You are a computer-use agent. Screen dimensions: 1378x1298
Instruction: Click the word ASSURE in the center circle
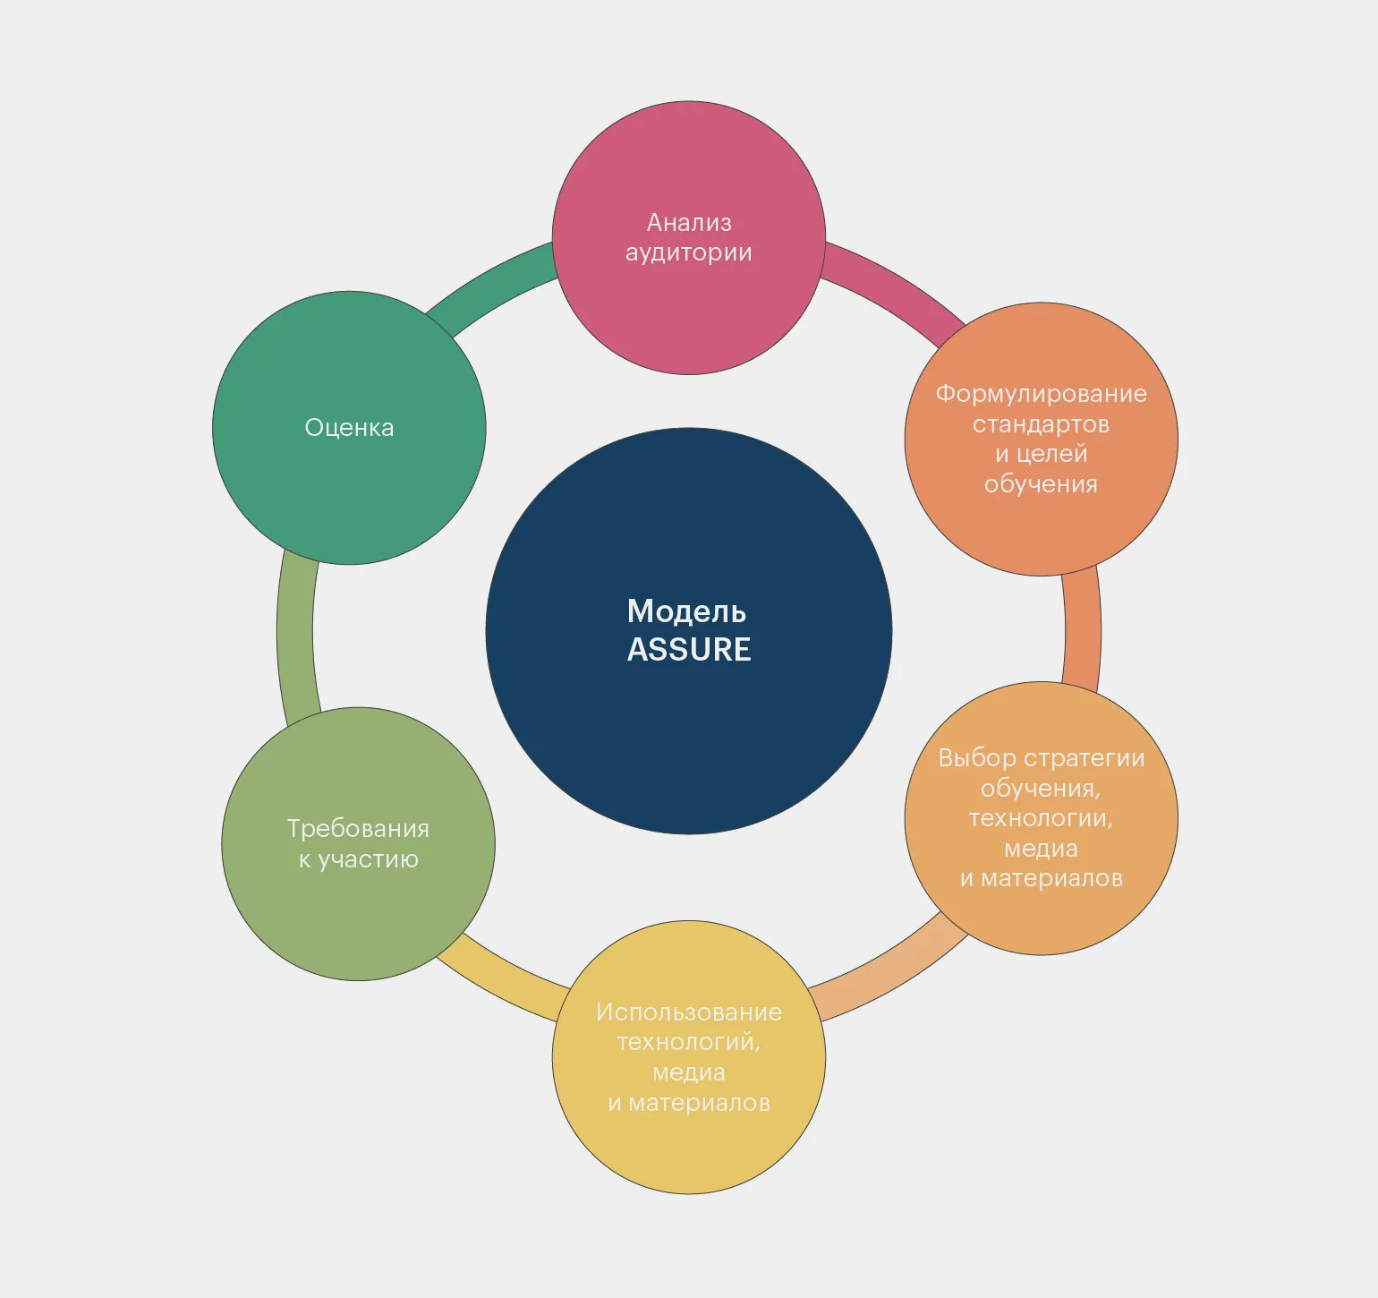point(689,649)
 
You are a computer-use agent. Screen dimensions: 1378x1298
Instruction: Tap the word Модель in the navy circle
point(686,612)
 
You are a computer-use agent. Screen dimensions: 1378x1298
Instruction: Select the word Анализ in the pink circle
point(689,222)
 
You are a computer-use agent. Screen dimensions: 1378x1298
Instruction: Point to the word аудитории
point(689,253)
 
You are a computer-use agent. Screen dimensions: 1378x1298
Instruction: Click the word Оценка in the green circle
point(349,428)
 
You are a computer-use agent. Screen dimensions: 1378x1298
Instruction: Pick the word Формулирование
point(1042,394)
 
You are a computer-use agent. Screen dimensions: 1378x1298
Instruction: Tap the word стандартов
point(1042,424)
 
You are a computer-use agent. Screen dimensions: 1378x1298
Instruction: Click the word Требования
point(358,829)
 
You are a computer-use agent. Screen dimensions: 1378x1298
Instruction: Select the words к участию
point(358,859)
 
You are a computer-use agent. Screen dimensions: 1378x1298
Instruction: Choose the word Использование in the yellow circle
point(689,1012)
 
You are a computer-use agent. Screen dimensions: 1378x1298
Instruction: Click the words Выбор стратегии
point(1042,758)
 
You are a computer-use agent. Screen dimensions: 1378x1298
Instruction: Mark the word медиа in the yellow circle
point(689,1072)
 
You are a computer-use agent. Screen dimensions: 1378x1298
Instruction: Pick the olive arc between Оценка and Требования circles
point(295,632)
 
